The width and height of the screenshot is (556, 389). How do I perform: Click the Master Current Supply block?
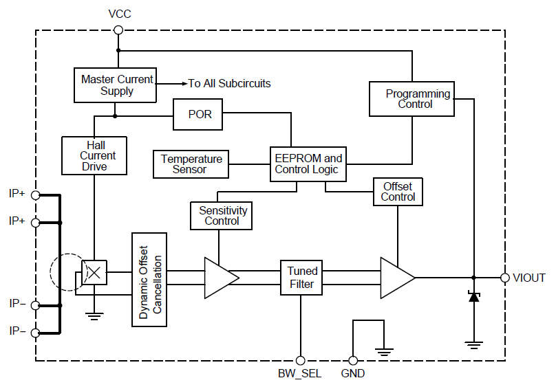pos(117,85)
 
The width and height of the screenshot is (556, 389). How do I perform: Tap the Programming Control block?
pos(411,99)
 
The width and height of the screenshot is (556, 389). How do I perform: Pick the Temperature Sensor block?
pos(191,164)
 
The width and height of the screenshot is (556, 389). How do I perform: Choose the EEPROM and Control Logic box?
pos(308,164)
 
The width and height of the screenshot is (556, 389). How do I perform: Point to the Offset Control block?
pos(398,192)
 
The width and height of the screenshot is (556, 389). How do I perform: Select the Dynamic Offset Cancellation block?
pos(149,280)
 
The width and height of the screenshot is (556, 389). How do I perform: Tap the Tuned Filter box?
pos(301,278)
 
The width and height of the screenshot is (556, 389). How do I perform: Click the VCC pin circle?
pos(118,30)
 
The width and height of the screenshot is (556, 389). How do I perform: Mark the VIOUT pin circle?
pos(505,278)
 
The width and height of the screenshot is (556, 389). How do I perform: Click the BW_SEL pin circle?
pos(300,359)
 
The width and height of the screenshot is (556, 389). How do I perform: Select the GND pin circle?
pos(353,359)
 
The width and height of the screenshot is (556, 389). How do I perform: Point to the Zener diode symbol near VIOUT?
pos(473,297)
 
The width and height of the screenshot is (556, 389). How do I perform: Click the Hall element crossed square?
pos(94,273)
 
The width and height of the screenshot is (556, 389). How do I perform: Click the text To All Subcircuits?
pos(230,84)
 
